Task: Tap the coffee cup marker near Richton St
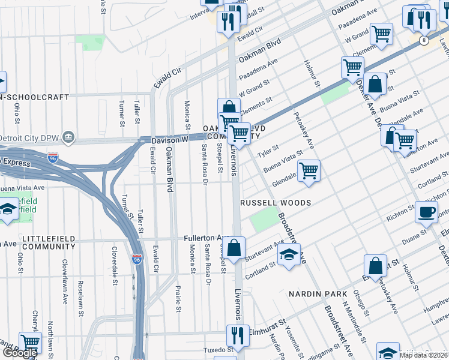pos(427,212)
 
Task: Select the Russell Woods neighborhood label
pos(276,203)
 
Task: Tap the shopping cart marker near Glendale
pos(309,170)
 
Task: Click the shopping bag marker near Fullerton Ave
pos(235,247)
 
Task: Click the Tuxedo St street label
pos(217,349)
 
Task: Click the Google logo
pos(20,353)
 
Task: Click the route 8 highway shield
pos(424,40)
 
